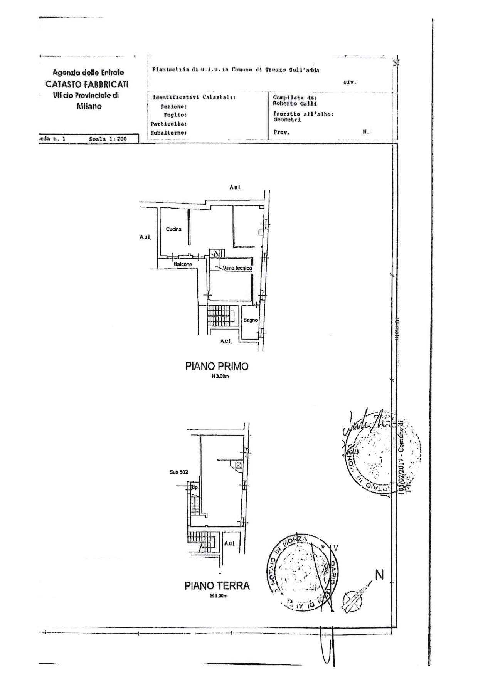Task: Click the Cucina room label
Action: click(173, 229)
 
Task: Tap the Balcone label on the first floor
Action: click(183, 264)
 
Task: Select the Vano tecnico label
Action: click(237, 268)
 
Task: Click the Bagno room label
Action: click(250, 320)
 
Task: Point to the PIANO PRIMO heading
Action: click(217, 366)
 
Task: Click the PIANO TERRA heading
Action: click(217, 586)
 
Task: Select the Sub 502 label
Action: click(178, 472)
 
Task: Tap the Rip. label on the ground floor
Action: click(194, 488)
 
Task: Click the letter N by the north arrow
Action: click(380, 575)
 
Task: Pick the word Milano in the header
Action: click(89, 106)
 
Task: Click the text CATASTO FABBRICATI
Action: click(87, 84)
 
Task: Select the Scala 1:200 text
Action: click(108, 139)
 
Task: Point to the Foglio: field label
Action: click(175, 115)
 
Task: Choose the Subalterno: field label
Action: click(168, 133)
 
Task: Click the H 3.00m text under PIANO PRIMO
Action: click(220, 376)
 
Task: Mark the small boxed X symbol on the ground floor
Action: click(238, 466)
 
